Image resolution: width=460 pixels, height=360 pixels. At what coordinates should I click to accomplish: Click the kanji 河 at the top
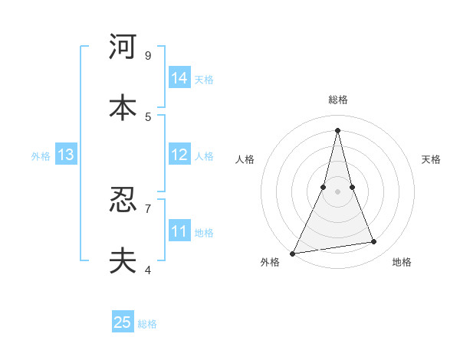pyautogui.click(x=123, y=47)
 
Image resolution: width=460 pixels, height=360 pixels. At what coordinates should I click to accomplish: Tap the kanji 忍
pyautogui.click(x=123, y=200)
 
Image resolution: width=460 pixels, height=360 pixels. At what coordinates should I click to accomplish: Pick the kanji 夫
pyautogui.click(x=123, y=261)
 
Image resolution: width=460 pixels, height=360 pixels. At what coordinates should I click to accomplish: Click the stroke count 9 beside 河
pyautogui.click(x=148, y=55)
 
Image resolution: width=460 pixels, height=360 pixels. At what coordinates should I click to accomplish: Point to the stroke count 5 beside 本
pyautogui.click(x=148, y=116)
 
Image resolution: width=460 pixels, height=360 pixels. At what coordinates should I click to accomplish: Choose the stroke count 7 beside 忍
pyautogui.click(x=148, y=208)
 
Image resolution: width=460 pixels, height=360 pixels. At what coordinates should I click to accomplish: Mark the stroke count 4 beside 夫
pyautogui.click(x=148, y=270)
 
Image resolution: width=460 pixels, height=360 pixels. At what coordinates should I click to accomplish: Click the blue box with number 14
pyautogui.click(x=179, y=78)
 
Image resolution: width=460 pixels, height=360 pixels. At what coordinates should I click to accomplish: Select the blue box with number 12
pyautogui.click(x=179, y=155)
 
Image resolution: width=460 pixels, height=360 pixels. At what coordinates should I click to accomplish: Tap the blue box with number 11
pyautogui.click(x=179, y=231)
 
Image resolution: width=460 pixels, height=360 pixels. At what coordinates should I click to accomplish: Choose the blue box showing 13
pyautogui.click(x=66, y=155)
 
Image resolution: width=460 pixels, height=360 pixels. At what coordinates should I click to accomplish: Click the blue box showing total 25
pyautogui.click(x=123, y=322)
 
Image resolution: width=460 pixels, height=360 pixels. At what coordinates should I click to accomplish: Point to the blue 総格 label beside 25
pyautogui.click(x=148, y=324)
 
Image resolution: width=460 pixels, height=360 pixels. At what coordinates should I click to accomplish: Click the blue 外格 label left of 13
pyautogui.click(x=41, y=156)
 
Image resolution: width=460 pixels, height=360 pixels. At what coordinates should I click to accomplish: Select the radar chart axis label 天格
pyautogui.click(x=432, y=159)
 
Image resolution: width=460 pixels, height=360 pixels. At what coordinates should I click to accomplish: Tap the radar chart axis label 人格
pyautogui.click(x=245, y=159)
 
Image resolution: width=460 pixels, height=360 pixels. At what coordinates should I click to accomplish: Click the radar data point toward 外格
pyautogui.click(x=293, y=253)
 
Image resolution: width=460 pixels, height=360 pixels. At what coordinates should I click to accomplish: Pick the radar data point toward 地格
pyautogui.click(x=374, y=242)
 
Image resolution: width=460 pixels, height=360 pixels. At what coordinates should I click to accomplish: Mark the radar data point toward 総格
pyautogui.click(x=338, y=130)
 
